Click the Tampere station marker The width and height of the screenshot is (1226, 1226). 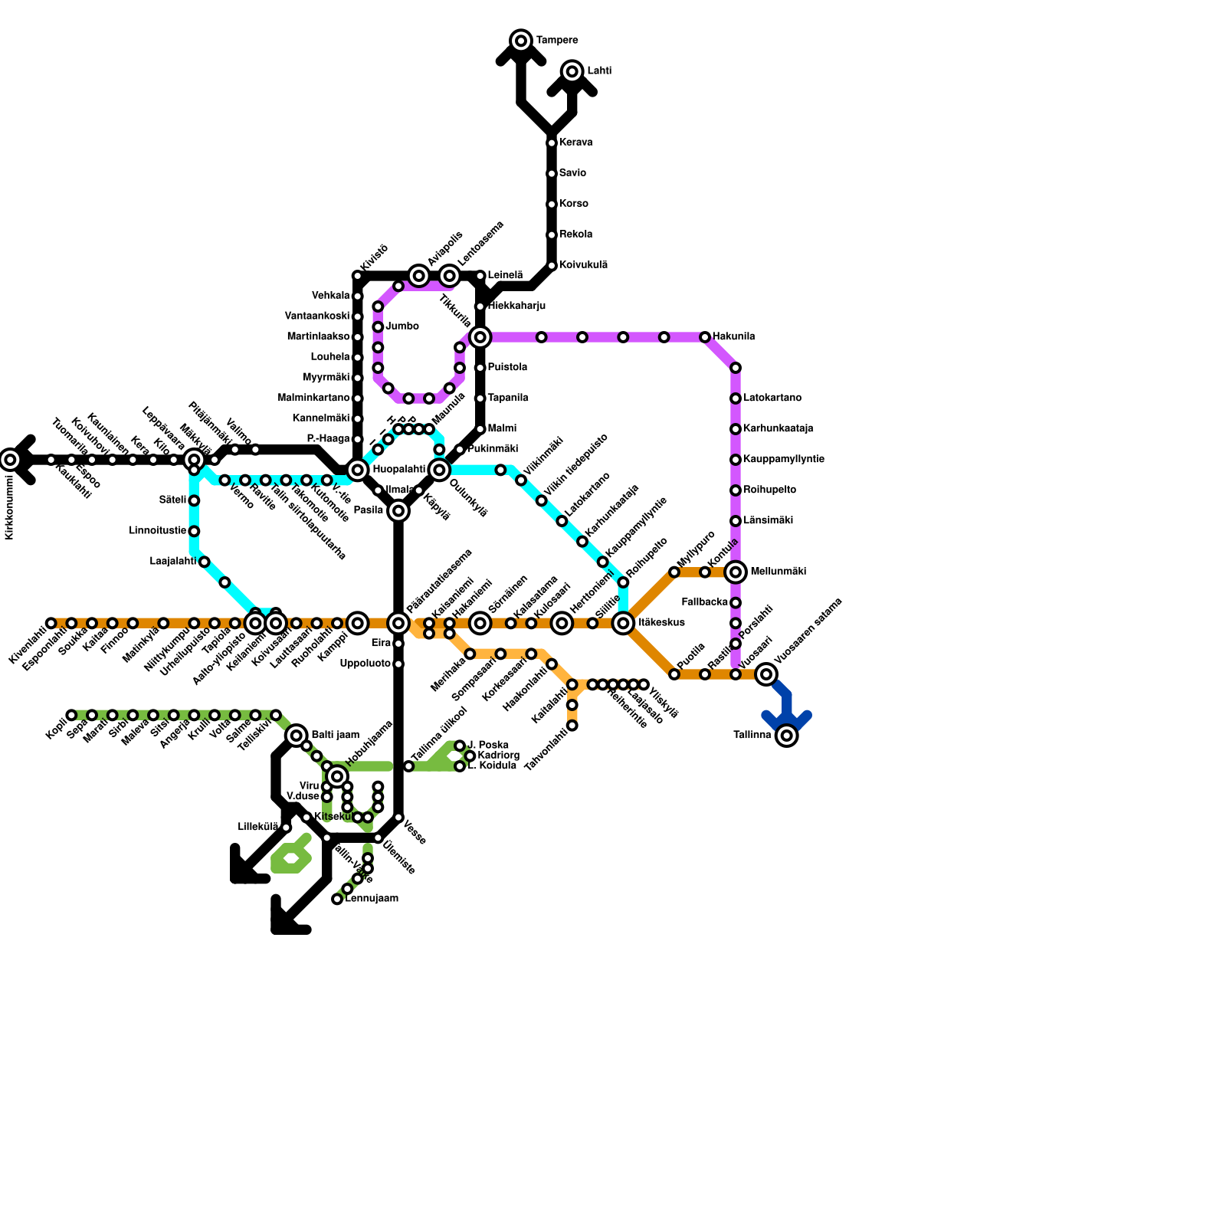[521, 41]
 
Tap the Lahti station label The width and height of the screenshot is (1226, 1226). [599, 71]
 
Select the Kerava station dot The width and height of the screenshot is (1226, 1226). [552, 143]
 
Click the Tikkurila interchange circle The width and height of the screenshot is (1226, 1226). [480, 337]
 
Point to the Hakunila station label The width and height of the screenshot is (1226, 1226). [733, 337]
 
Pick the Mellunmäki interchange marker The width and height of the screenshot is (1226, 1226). [736, 572]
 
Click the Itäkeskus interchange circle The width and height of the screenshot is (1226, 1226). [624, 623]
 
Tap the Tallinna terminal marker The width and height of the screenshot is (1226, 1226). [787, 736]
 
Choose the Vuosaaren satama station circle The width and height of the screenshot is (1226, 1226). [766, 674]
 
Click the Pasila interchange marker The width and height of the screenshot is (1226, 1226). [398, 511]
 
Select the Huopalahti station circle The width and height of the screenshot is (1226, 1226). [358, 470]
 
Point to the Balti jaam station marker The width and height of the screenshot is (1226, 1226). [297, 736]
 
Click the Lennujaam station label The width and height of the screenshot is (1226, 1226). [372, 899]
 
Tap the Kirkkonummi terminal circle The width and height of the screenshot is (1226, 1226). [10, 460]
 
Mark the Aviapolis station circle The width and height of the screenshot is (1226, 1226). [418, 276]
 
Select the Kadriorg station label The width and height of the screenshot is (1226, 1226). [497, 756]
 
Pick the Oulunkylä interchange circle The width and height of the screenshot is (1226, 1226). [439, 470]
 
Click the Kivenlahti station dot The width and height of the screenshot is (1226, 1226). [51, 623]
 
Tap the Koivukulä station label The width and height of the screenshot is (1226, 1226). [583, 265]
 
